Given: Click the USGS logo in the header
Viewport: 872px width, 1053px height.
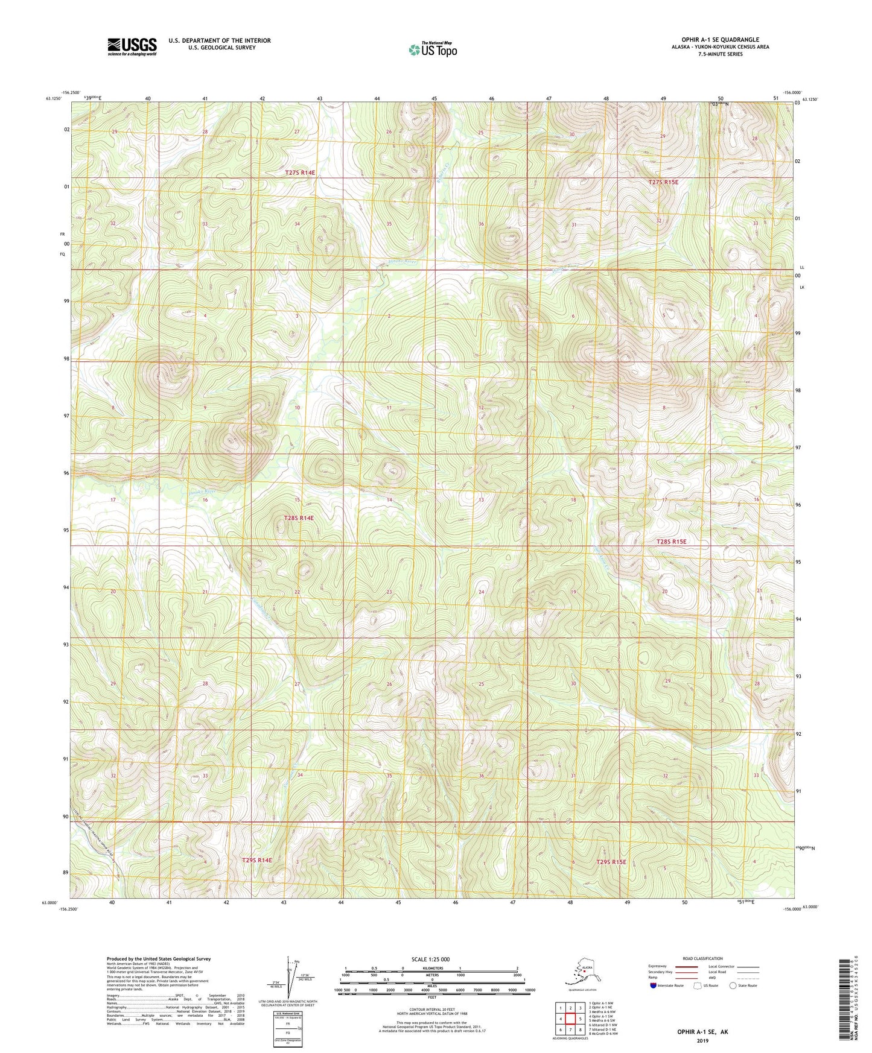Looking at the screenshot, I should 132,46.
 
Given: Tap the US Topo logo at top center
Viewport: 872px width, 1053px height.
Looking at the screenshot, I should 432,49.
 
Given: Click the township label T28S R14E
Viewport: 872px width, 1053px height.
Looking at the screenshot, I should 299,518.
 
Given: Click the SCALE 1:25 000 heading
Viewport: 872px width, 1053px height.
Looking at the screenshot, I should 431,960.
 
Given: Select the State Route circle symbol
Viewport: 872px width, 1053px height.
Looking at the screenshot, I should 733,985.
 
